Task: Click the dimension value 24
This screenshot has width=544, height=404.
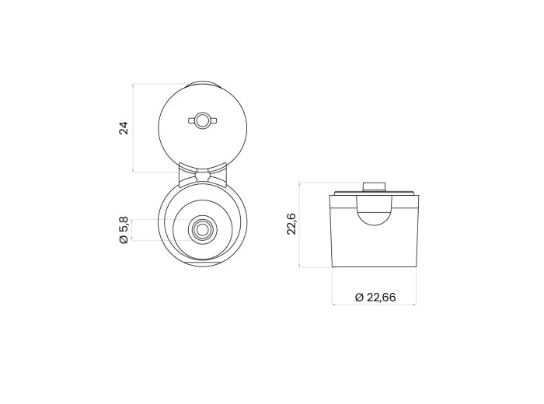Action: pyautogui.click(x=124, y=128)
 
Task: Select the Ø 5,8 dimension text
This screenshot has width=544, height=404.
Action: pyautogui.click(x=124, y=230)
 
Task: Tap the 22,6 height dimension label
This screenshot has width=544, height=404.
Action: pyautogui.click(x=291, y=224)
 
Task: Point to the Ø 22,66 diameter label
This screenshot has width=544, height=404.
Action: pyautogui.click(x=375, y=298)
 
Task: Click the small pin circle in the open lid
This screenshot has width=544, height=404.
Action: pyautogui.click(x=202, y=120)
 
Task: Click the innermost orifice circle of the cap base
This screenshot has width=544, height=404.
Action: pyautogui.click(x=203, y=229)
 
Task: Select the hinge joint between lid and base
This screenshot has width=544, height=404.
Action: pyautogui.click(x=203, y=175)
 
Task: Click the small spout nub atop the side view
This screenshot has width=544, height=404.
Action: pyautogui.click(x=375, y=186)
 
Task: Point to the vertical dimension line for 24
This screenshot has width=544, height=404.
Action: pyautogui.click(x=133, y=128)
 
